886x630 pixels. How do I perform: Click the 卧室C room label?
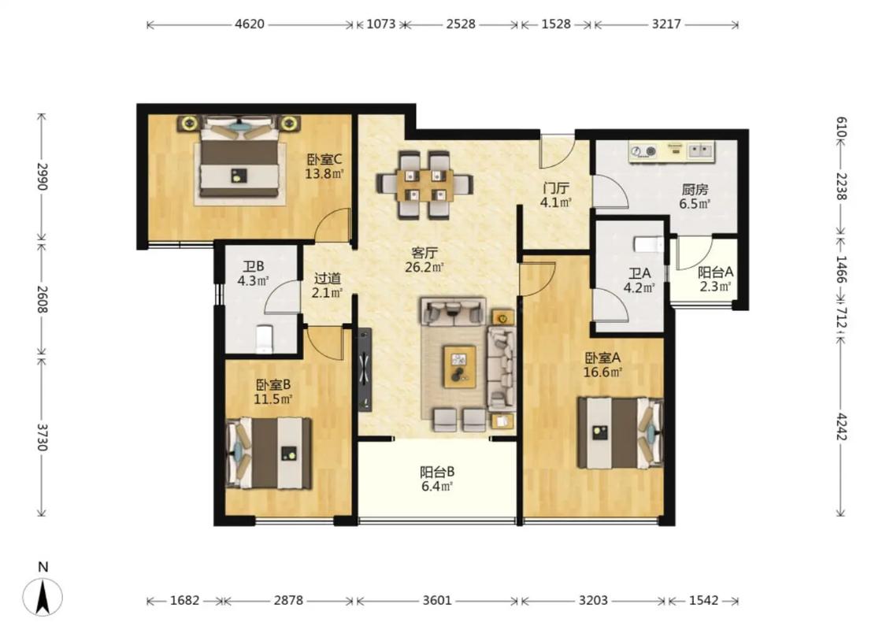coord(324,160)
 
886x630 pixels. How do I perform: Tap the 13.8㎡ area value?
coord(324,174)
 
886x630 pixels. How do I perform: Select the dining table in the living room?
coord(424,184)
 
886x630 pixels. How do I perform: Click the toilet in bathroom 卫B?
coord(264,339)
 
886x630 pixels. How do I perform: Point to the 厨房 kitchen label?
coord(695,190)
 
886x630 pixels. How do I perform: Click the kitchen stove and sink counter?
coord(672,152)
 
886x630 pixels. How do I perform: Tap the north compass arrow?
coord(43,596)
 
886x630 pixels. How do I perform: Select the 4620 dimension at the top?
coord(249,24)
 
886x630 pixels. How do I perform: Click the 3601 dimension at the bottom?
coord(437,600)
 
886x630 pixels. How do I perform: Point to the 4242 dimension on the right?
coord(841,427)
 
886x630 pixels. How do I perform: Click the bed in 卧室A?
coord(620,433)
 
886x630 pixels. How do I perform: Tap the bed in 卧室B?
coord(269,453)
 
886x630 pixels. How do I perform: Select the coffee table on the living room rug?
coord(459,367)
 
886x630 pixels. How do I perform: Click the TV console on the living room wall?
coord(365,369)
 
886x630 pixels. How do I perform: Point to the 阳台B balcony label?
coord(437,472)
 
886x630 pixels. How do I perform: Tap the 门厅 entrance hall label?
coord(555,188)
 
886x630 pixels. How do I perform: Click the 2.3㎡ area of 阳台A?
coord(715,287)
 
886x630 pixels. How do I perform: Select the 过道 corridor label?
coord(328,278)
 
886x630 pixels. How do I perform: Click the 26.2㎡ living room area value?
coord(424,267)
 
